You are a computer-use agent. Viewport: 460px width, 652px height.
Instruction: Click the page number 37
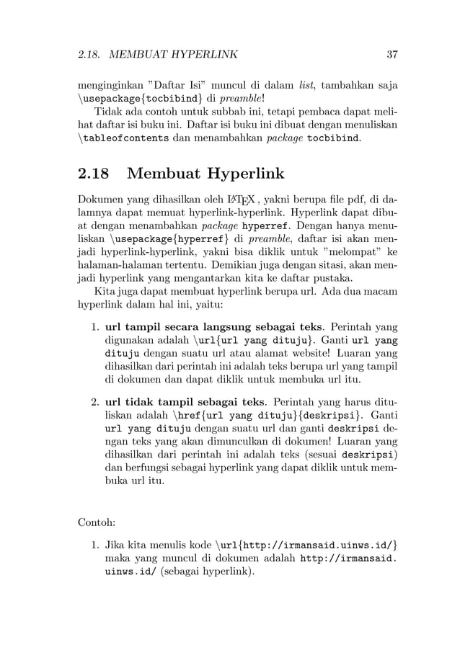[x=392, y=54]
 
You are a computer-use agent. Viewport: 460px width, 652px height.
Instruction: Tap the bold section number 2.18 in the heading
[x=94, y=174]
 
